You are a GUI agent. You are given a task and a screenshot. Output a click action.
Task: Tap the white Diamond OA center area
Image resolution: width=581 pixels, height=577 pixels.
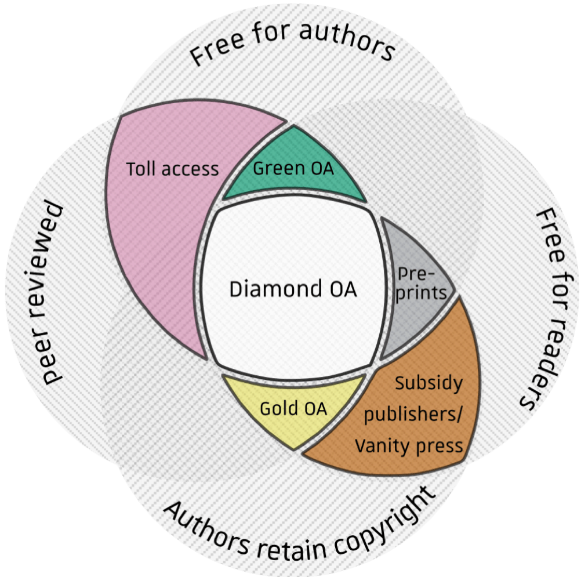pos(293,313)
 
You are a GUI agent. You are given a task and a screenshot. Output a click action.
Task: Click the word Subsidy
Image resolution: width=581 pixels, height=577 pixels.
pos(429,383)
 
